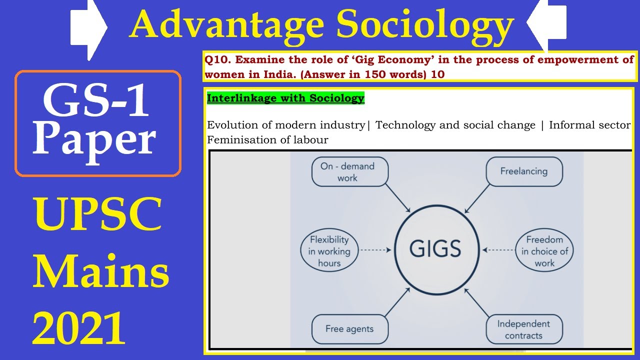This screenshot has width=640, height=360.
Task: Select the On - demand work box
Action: point(349,172)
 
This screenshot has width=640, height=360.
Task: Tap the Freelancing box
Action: point(523,171)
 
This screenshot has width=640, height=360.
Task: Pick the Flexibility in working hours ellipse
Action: point(328,251)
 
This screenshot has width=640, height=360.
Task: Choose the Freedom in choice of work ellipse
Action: point(544,251)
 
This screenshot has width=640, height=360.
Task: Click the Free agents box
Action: point(349,328)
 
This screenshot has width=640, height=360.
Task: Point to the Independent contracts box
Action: point(523,329)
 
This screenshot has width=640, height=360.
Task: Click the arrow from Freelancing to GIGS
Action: point(477,199)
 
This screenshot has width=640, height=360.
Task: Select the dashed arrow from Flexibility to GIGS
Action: point(375,249)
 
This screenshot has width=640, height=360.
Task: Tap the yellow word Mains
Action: point(100,272)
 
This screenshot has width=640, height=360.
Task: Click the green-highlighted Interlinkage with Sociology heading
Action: point(285,98)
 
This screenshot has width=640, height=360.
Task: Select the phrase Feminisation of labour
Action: point(267,140)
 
